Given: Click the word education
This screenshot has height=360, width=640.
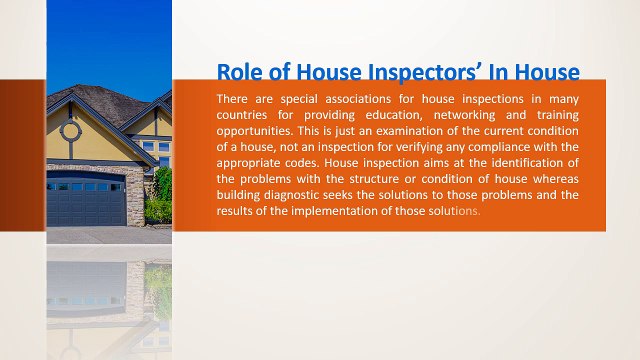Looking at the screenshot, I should tap(383, 115).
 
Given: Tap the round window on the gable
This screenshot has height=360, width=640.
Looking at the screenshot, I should tap(70, 130).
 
